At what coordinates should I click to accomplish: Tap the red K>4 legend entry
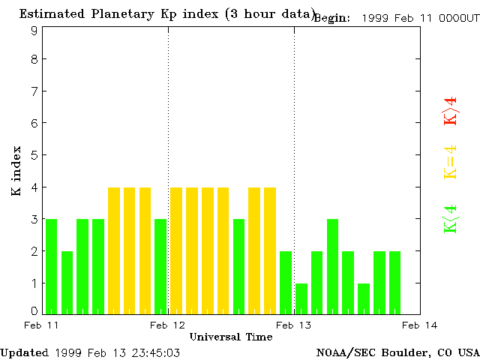(450, 111)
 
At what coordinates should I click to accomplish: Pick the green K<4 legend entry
(450, 219)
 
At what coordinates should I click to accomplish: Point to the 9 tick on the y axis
(34, 30)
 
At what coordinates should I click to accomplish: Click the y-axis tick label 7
(34, 91)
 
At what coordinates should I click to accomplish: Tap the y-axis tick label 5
(34, 155)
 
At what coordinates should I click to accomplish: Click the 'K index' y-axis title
(16, 171)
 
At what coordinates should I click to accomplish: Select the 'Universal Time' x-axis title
(230, 337)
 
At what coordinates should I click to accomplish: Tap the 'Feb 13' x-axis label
(293, 325)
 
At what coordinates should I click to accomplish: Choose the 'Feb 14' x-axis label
(419, 325)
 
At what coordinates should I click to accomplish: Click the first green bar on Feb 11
(51, 266)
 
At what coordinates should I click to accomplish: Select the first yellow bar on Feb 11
(114, 250)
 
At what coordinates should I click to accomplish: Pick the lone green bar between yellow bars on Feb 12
(239, 266)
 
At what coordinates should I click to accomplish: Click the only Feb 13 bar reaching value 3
(333, 266)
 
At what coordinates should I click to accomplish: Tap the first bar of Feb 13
(301, 298)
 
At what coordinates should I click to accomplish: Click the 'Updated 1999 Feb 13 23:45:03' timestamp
(90, 352)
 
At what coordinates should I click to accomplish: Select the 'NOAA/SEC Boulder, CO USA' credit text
(397, 352)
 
